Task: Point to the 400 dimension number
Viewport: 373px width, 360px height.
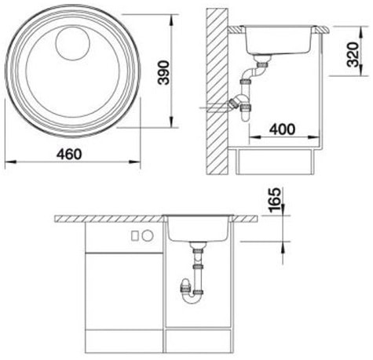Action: (x=281, y=129)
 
